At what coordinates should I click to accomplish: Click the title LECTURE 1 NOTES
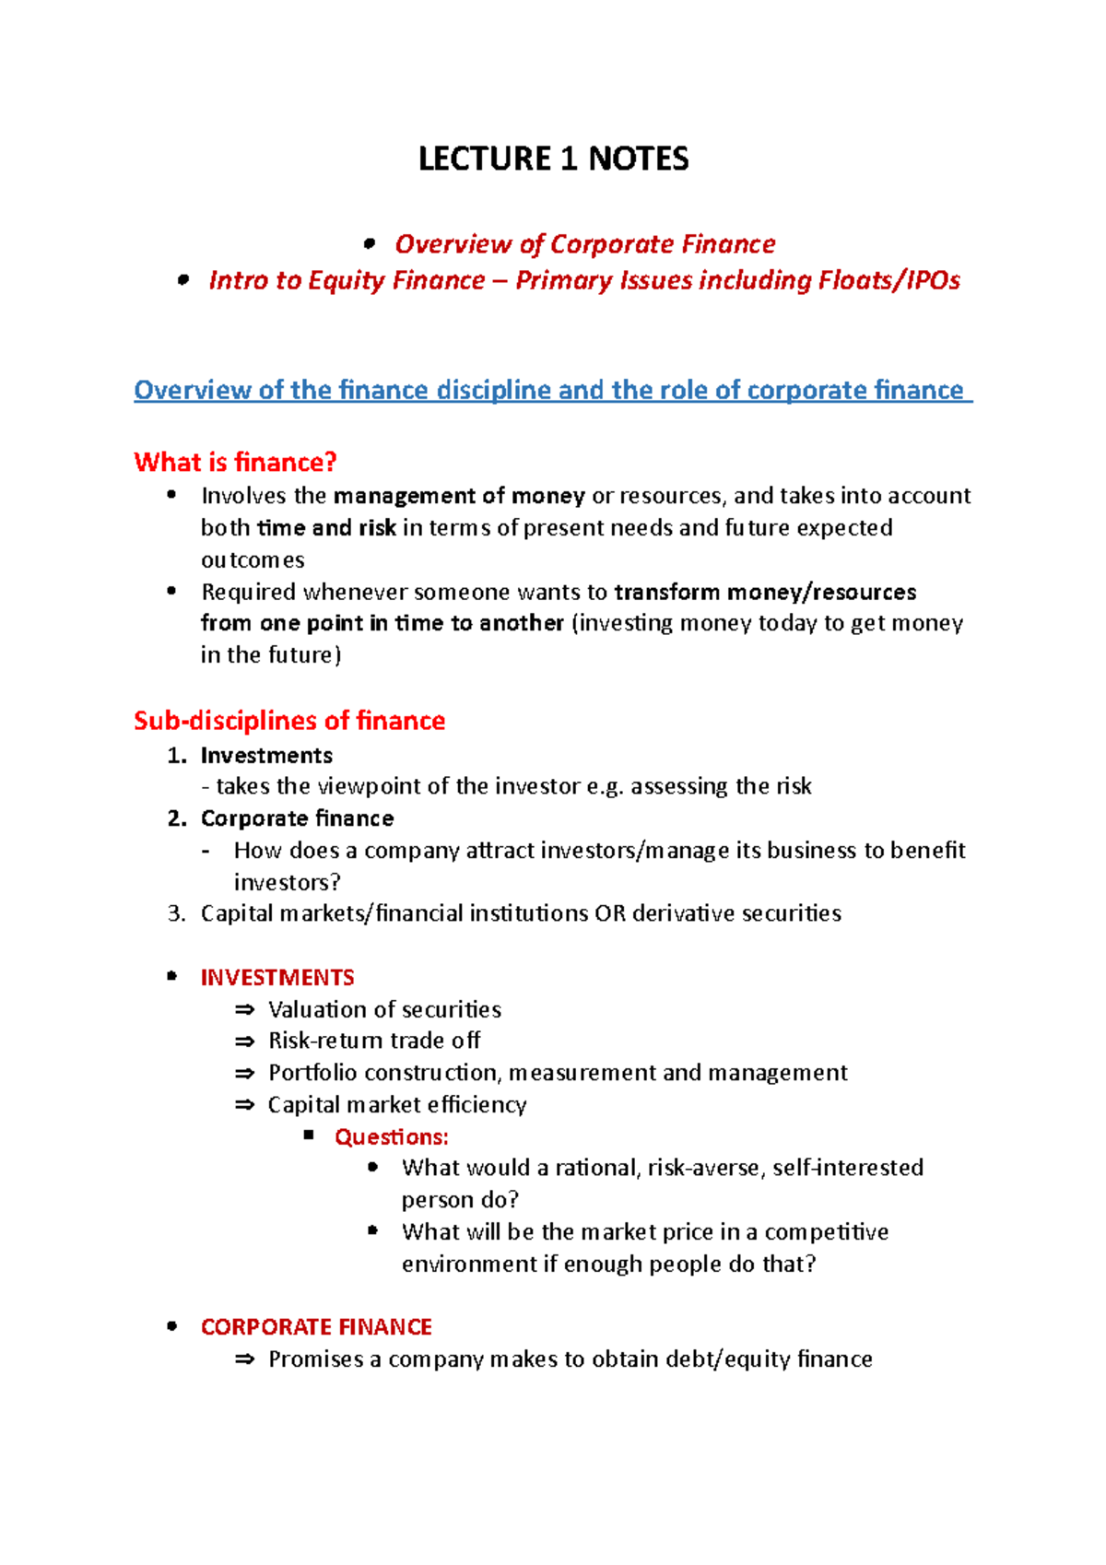click(553, 159)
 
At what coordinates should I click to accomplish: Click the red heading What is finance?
click(235, 462)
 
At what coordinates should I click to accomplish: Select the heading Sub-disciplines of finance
click(289, 720)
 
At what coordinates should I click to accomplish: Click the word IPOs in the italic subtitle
click(933, 280)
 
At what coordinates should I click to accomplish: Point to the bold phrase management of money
click(459, 496)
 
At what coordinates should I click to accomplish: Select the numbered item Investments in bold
click(266, 755)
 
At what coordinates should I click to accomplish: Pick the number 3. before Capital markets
click(177, 913)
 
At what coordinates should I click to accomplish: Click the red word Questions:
click(392, 1136)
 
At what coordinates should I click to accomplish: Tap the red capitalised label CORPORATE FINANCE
click(316, 1326)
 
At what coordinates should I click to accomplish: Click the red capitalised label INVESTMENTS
click(277, 977)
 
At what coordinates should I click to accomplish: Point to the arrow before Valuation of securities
click(244, 1010)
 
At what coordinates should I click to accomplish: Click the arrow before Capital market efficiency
click(244, 1105)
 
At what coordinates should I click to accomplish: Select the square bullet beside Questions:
click(309, 1136)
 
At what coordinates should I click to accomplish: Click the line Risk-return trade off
click(373, 1041)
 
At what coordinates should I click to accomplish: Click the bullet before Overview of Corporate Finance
click(370, 244)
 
